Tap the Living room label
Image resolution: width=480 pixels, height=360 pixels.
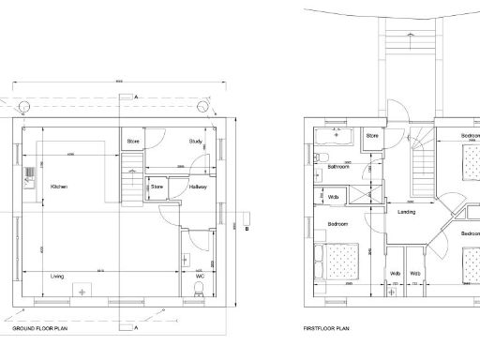click(57, 277)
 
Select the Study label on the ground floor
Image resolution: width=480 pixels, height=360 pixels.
click(195, 142)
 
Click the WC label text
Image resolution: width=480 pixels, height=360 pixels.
click(201, 277)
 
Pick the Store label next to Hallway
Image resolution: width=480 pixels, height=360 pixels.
click(157, 187)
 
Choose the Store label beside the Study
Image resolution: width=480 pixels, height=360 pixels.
click(134, 142)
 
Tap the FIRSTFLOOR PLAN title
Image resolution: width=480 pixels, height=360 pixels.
click(326, 330)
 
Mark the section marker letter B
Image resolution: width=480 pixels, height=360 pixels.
click(246, 228)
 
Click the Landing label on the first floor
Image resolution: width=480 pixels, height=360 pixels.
click(406, 212)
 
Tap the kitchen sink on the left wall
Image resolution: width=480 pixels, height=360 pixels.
click(30, 172)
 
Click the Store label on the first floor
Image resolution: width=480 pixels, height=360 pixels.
click(371, 137)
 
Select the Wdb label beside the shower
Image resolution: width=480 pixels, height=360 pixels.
click(333, 197)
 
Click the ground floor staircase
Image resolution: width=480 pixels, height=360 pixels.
click(130, 178)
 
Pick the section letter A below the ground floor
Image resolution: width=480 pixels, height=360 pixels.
click(135, 329)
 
